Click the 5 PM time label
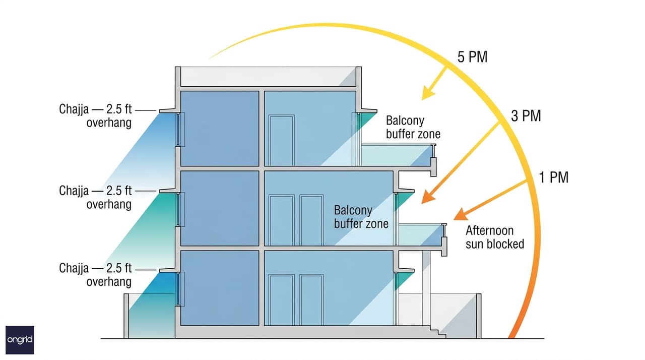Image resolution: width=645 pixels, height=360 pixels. click(x=473, y=57)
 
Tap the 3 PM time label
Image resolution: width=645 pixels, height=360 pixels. click(x=526, y=116)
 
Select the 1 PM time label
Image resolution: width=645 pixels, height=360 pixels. click(x=554, y=177)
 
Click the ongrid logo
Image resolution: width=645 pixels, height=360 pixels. click(x=20, y=340)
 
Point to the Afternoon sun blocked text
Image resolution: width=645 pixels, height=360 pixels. click(x=495, y=237)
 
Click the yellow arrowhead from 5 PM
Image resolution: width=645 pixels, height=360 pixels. click(x=428, y=93)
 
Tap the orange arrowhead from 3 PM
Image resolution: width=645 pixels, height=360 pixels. click(x=428, y=197)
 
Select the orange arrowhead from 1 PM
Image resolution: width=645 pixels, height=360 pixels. click(x=461, y=214)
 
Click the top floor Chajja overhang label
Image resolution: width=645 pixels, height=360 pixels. click(x=95, y=116)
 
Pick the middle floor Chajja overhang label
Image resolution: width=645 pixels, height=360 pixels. click(x=95, y=197)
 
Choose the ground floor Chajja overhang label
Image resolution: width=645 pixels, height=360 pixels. click(x=95, y=275)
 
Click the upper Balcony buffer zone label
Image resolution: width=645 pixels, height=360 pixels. click(x=413, y=127)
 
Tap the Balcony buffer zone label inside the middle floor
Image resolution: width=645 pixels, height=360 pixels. click(x=361, y=217)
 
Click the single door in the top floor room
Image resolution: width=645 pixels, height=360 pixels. click(x=282, y=140)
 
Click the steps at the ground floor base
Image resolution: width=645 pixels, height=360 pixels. click(x=438, y=332)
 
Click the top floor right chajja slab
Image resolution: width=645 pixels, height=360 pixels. click(x=369, y=110)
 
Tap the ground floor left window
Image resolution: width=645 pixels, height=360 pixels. click(x=180, y=289)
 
